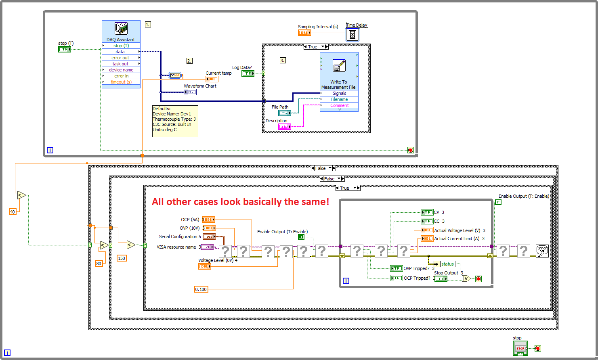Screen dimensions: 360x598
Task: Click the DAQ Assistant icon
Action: pyautogui.click(x=121, y=29)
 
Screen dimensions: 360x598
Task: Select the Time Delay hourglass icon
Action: pyautogui.click(x=352, y=35)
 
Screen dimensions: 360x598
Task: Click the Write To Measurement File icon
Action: pyautogui.click(x=339, y=65)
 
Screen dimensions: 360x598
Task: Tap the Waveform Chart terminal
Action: pyautogui.click(x=190, y=92)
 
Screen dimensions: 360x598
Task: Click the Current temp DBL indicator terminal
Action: pyautogui.click(x=212, y=79)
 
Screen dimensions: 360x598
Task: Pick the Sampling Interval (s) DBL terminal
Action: pyautogui.click(x=304, y=33)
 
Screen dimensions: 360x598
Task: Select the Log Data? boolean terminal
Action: pyautogui.click(x=248, y=73)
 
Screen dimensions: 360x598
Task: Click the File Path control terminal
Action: pyautogui.click(x=284, y=113)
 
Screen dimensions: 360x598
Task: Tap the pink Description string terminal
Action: pyautogui.click(x=284, y=127)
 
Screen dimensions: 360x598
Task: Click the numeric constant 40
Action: pyautogui.click(x=13, y=212)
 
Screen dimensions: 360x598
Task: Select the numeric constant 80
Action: pyautogui.click(x=99, y=264)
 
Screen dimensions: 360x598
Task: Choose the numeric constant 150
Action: pyautogui.click(x=122, y=258)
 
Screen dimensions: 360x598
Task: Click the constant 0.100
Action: pyautogui.click(x=201, y=289)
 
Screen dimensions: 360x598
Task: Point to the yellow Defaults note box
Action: pyautogui.click(x=175, y=121)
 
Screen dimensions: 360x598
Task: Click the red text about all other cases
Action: pyautogui.click(x=240, y=202)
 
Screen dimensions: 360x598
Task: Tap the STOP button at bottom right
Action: pyautogui.click(x=520, y=348)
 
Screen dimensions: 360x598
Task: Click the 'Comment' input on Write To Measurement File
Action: pyautogui.click(x=339, y=105)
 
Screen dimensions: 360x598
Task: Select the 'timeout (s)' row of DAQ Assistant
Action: pyautogui.click(x=121, y=82)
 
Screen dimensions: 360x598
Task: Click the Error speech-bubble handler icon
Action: pyautogui.click(x=542, y=251)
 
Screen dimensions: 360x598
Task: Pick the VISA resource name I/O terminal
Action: pyautogui.click(x=207, y=247)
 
